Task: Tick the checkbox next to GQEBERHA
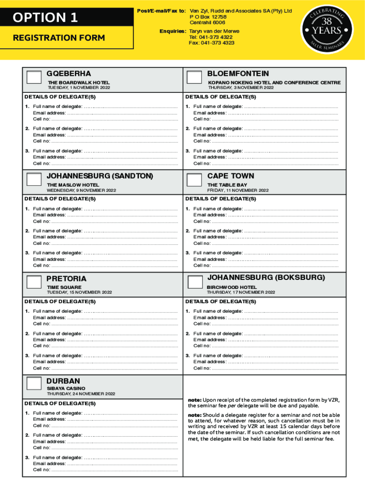(x=34, y=78)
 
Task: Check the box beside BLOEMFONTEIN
(x=194, y=78)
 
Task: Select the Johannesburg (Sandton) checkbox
(x=34, y=180)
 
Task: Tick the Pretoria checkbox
(x=34, y=282)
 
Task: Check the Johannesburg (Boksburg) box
(x=194, y=282)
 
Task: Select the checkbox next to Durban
(x=34, y=384)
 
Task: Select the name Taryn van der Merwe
(x=214, y=31)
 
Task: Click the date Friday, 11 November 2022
(x=238, y=190)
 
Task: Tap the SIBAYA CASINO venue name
(x=66, y=388)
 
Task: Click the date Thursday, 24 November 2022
(x=81, y=394)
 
